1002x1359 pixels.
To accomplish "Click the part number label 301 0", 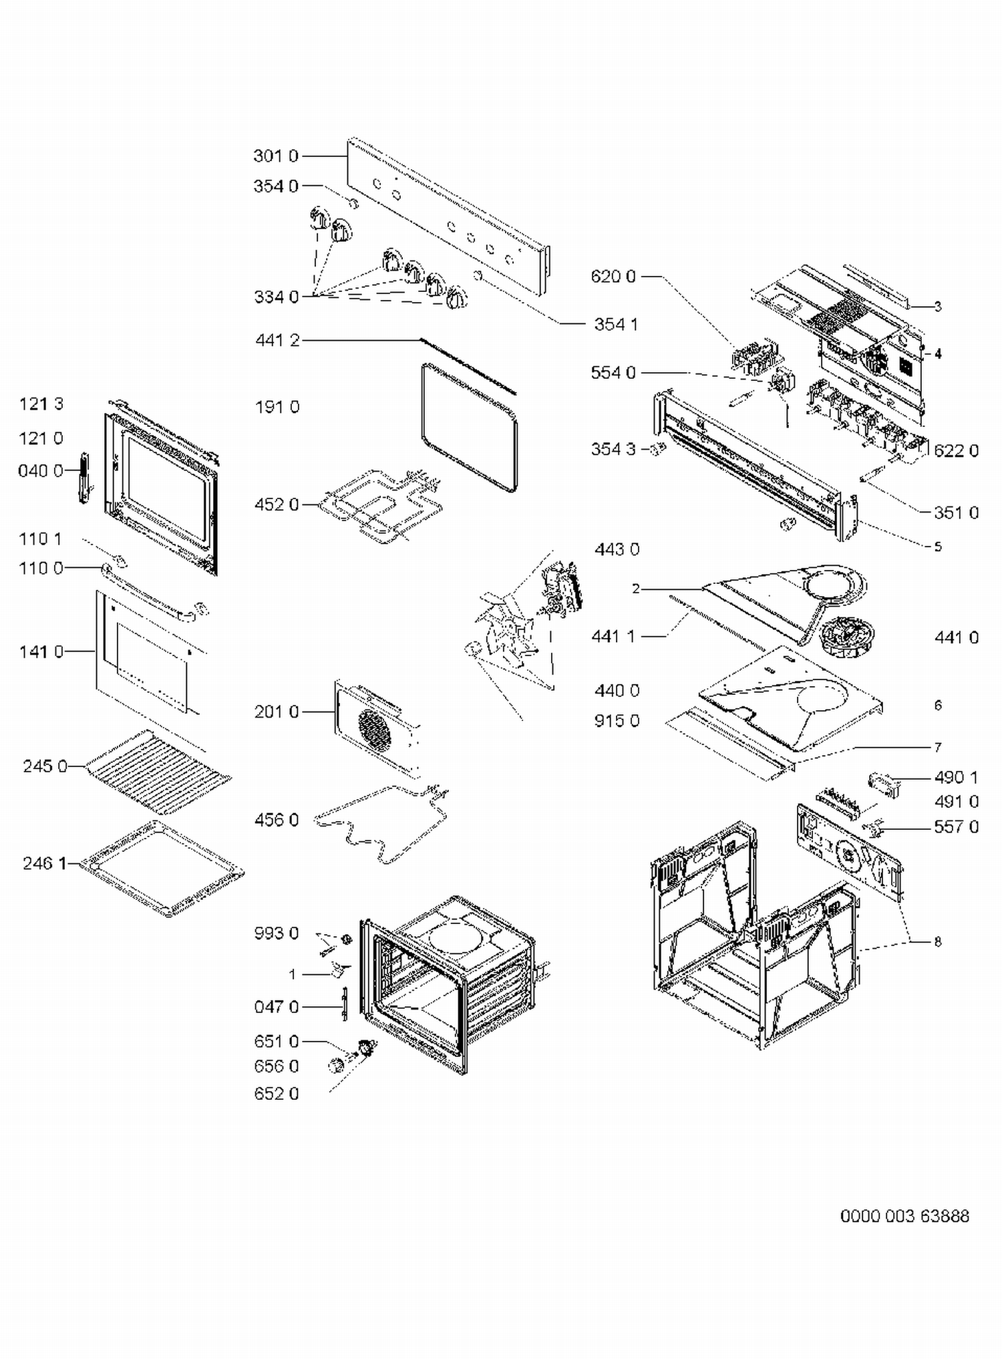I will (x=275, y=156).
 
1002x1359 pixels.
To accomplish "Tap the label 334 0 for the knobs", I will (x=276, y=297).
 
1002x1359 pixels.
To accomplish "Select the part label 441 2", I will (x=277, y=341).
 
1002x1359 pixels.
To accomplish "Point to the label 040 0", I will (x=40, y=472).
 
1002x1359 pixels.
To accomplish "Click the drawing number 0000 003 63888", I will (x=904, y=1216).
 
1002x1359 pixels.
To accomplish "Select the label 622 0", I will (x=956, y=451).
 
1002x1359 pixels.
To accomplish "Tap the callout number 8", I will (x=938, y=941).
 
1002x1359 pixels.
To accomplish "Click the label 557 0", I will (x=956, y=827).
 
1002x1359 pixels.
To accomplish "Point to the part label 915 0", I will (x=617, y=721).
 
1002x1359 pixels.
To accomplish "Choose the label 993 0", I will (x=276, y=933).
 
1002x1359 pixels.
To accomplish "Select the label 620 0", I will (x=613, y=277).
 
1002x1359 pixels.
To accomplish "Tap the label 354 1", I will (x=616, y=325).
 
